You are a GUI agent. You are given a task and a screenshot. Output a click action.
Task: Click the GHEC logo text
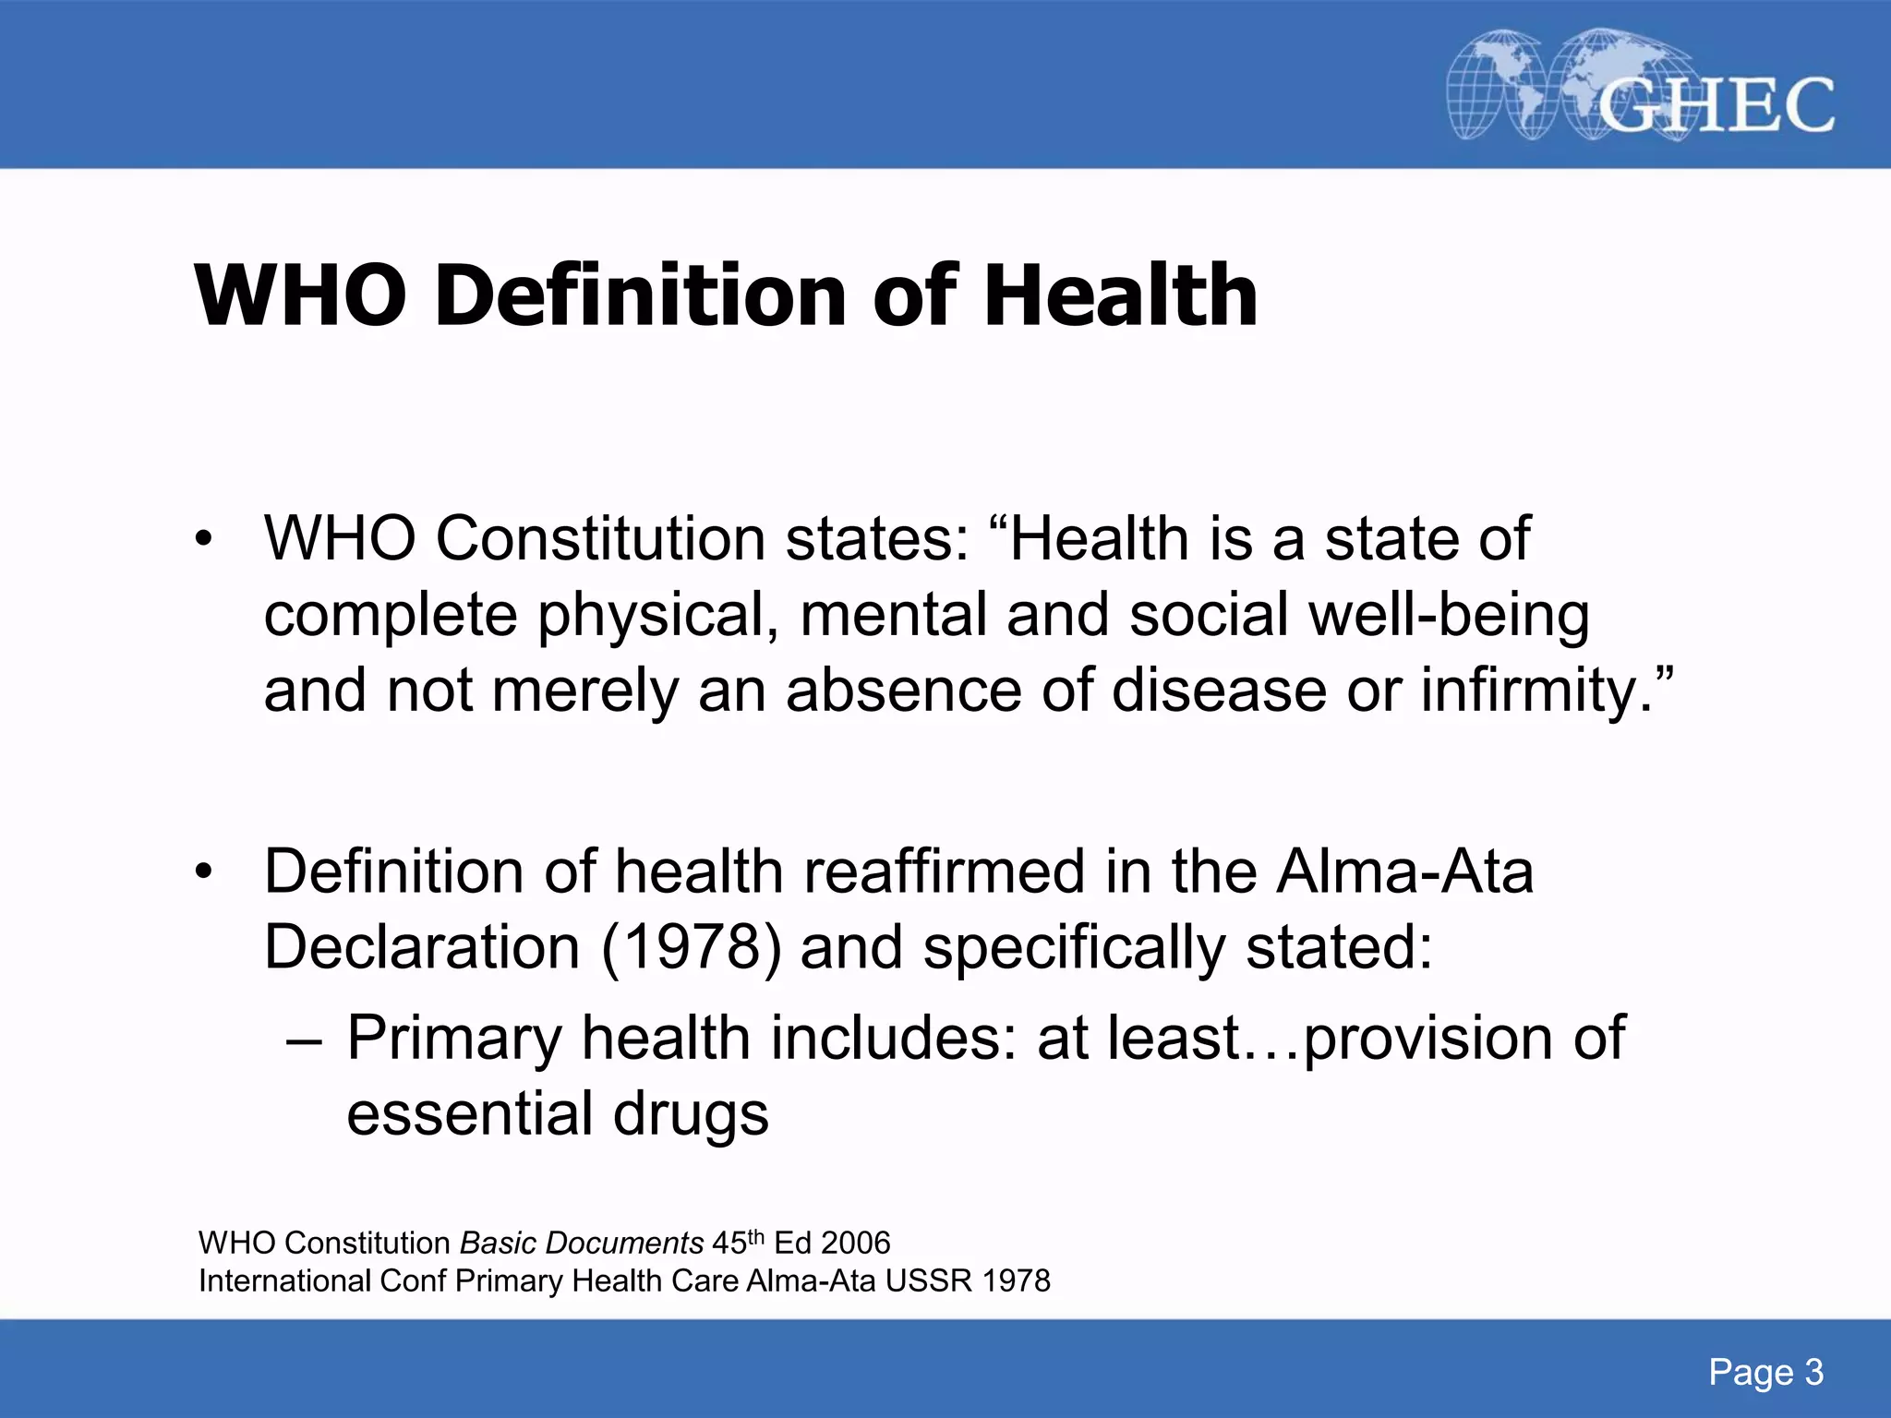point(1716,104)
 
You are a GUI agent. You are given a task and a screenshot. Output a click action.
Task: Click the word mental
point(894,616)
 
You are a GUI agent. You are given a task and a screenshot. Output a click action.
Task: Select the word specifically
point(1075,949)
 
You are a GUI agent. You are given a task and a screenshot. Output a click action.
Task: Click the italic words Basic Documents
point(582,1244)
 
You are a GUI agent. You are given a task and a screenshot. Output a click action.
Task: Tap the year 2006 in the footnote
point(856,1244)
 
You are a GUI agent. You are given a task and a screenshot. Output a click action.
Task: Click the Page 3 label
point(1765,1373)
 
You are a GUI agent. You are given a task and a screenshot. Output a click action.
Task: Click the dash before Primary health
point(304,1041)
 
